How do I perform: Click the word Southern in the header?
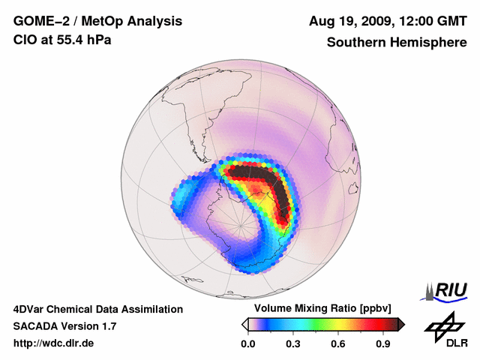coord(355,42)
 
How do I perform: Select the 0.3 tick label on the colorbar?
coord(293,344)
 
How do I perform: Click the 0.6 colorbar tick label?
coord(339,344)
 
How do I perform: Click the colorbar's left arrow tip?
coord(244,324)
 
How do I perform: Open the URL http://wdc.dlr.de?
coord(54,343)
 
